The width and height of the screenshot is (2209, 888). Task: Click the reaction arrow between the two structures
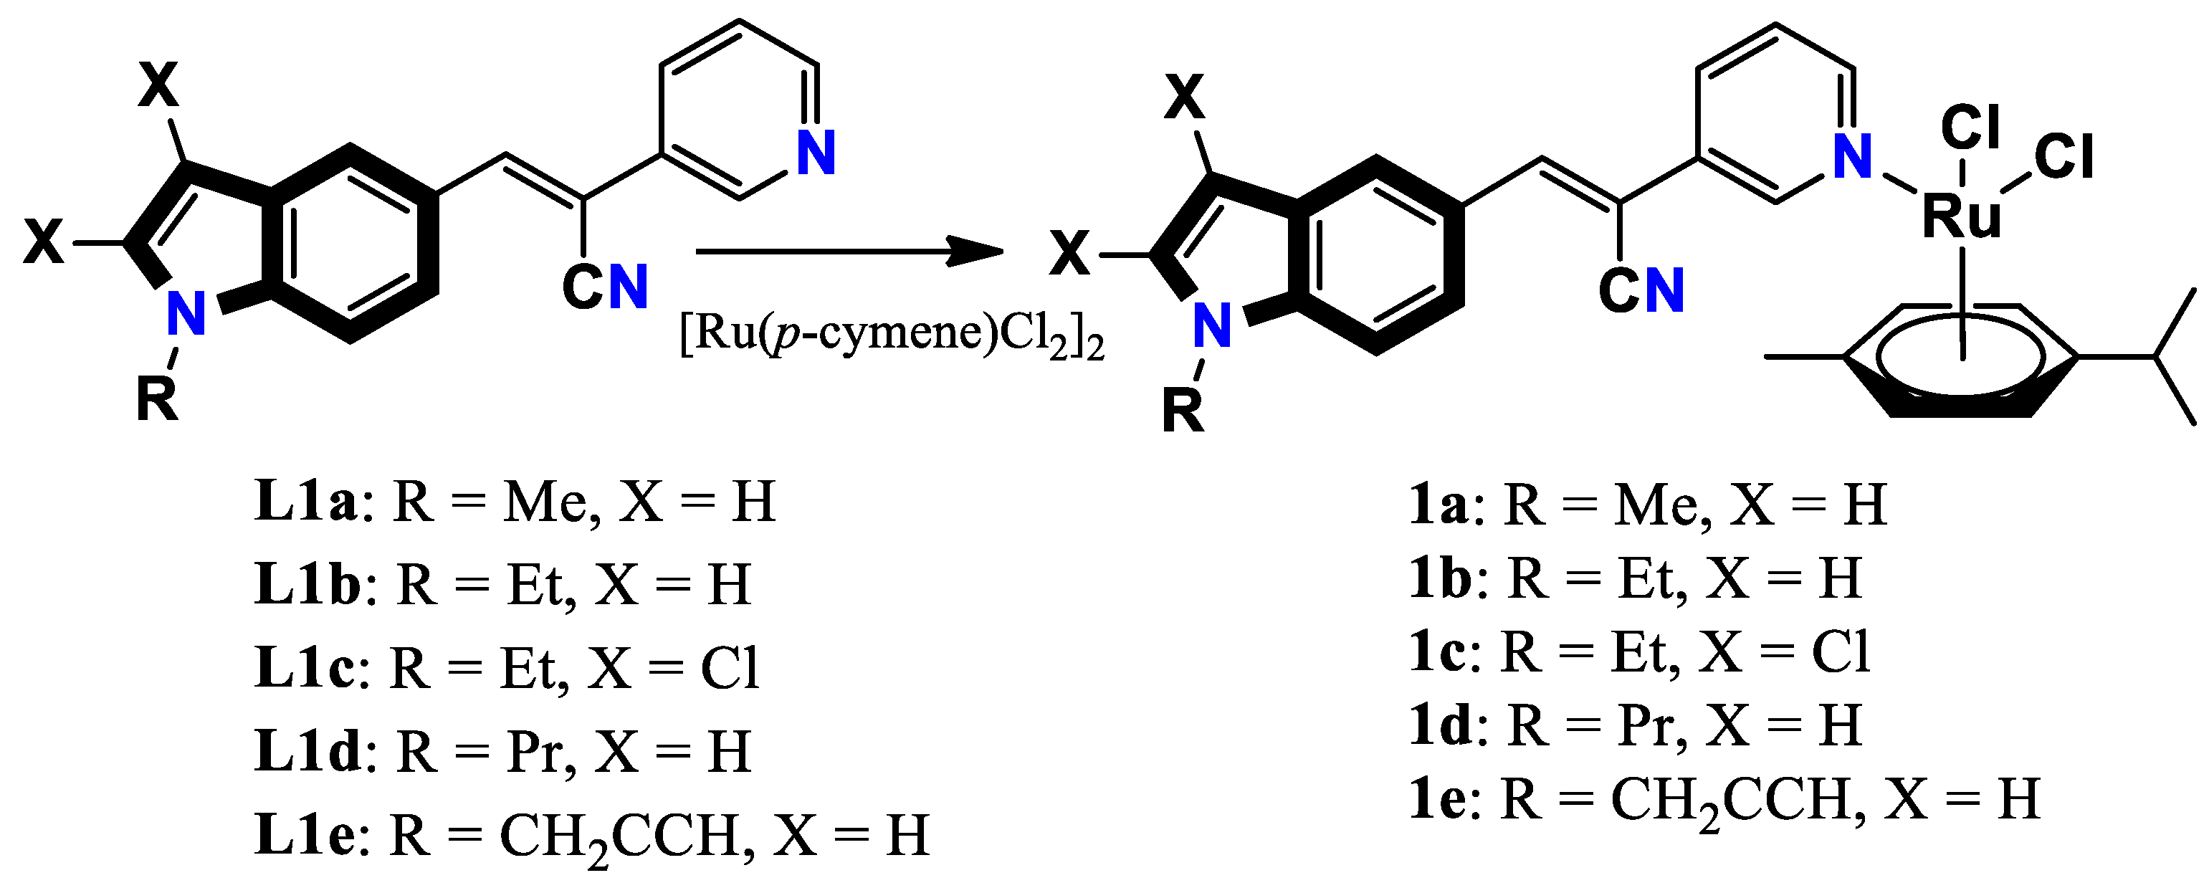click(x=849, y=251)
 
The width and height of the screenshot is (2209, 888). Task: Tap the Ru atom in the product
click(x=1962, y=216)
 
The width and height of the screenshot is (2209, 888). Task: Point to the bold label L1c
click(x=305, y=669)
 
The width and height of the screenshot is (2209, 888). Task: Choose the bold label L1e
click(x=305, y=836)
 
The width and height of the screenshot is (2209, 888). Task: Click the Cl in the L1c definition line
click(x=730, y=669)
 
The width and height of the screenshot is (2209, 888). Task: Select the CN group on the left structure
click(x=604, y=287)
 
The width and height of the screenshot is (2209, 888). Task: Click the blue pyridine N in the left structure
click(x=816, y=154)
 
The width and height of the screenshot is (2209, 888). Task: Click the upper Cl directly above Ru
click(x=1970, y=128)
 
